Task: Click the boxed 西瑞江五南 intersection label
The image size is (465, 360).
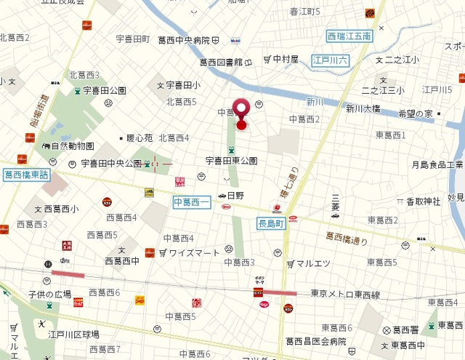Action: coord(349,36)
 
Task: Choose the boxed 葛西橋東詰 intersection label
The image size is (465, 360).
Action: coord(26,175)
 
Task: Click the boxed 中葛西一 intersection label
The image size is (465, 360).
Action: coord(191,201)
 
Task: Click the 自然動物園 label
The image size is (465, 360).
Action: coord(72,146)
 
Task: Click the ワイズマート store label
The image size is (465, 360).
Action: coord(194,253)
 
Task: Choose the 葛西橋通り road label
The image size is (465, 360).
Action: coord(347,238)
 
